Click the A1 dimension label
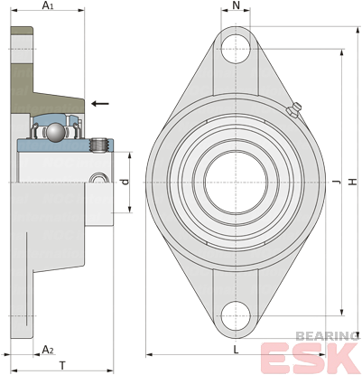[x=48, y=5]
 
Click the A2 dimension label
[x=48, y=350]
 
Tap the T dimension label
[x=62, y=366]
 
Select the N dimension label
[x=237, y=5]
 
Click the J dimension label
[x=337, y=182]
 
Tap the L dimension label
[x=237, y=350]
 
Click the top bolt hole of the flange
[x=236, y=49]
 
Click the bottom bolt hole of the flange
[x=236, y=316]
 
